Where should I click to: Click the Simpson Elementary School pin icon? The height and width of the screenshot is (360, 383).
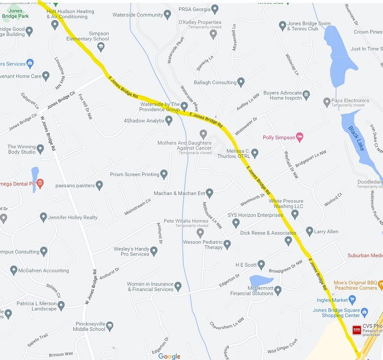[x=101, y=46]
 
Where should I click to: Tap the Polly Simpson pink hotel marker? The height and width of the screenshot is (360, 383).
[x=300, y=137]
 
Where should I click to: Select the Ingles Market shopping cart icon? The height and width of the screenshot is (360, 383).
[x=353, y=300]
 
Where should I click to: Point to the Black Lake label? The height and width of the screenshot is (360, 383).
[x=357, y=138]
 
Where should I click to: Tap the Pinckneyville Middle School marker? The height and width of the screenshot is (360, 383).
[x=110, y=326]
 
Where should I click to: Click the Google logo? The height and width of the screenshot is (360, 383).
[x=169, y=356]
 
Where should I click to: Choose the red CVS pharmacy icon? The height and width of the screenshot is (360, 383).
[x=357, y=330]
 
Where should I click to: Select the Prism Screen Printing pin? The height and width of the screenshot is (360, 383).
[x=164, y=174]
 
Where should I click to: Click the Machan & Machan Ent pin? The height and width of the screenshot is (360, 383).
[x=209, y=193]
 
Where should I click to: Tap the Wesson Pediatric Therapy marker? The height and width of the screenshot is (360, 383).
[x=227, y=245]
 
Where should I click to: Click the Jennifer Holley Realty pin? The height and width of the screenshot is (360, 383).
[x=43, y=217]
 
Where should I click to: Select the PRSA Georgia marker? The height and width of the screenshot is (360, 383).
[x=214, y=9]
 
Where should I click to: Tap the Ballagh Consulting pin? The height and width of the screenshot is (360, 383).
[x=241, y=82]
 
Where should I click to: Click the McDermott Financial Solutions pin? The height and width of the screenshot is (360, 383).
[x=278, y=290]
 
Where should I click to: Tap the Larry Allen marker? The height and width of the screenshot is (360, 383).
[x=309, y=232]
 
